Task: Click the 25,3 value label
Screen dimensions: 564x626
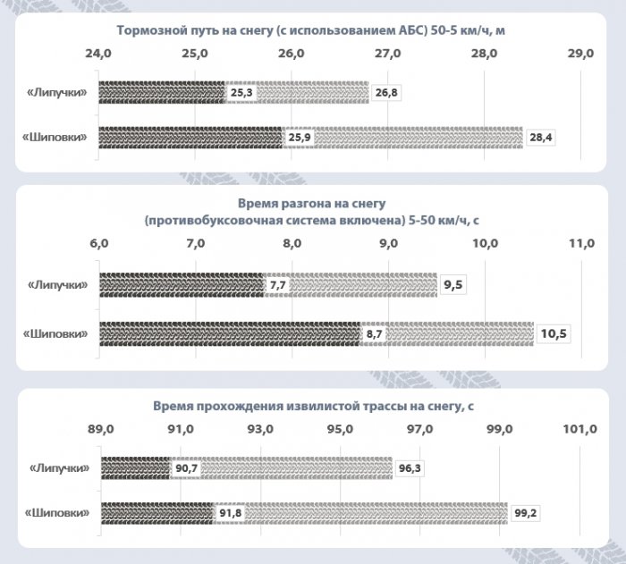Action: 241,91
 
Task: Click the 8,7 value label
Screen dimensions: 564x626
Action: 375,333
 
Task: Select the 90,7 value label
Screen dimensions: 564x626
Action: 187,467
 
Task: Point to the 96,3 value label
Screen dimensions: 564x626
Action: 410,467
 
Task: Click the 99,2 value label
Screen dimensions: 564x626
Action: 526,514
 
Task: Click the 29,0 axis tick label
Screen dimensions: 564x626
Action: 581,54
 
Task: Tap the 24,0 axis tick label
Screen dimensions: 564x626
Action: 97,54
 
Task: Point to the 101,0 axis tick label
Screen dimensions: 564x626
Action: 579,429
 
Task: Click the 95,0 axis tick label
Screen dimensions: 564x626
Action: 341,429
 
